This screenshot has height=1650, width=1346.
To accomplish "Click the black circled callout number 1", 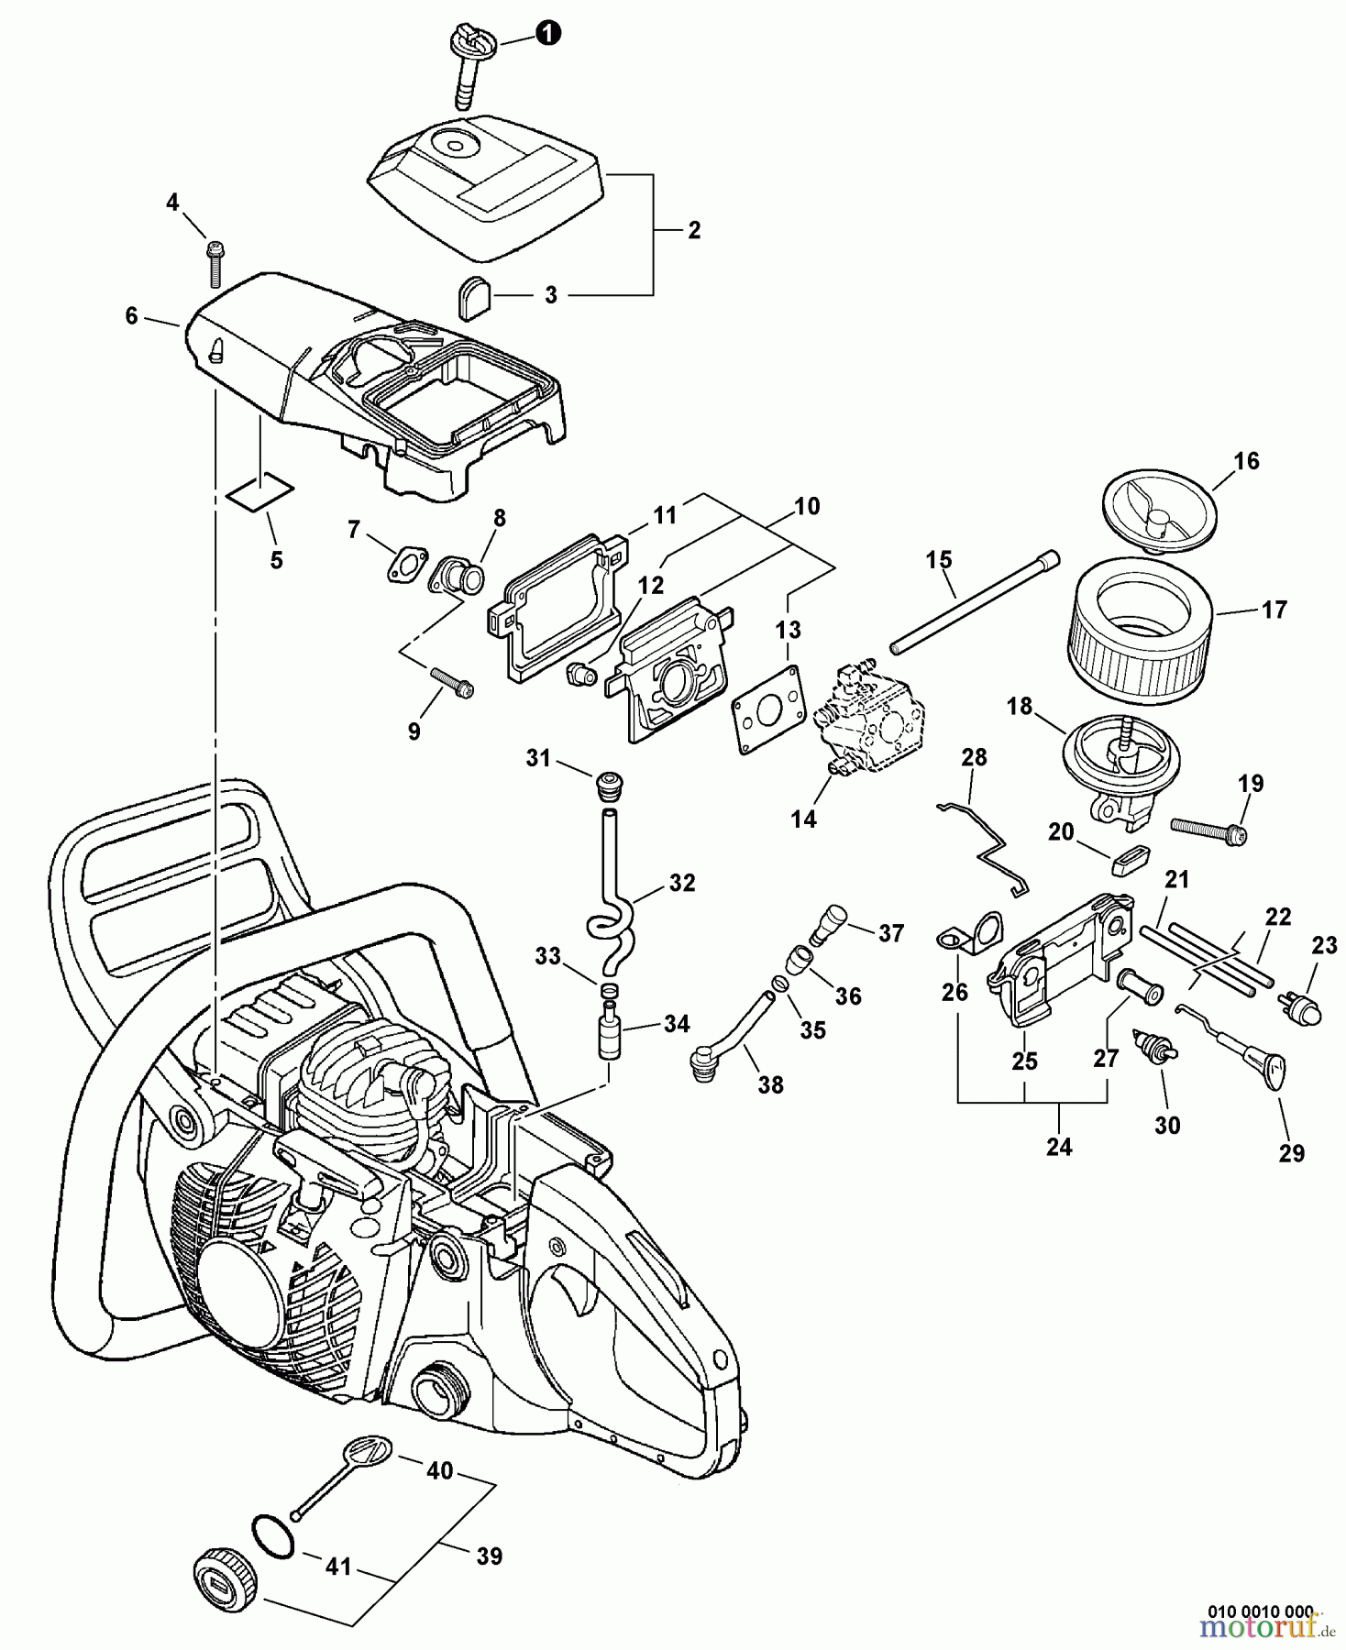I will point(547,35).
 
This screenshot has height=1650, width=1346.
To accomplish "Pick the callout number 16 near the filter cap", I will point(1245,461).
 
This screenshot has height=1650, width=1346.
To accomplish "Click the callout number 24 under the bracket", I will point(1058,1146).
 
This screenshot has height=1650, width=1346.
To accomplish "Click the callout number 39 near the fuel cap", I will point(489,1556).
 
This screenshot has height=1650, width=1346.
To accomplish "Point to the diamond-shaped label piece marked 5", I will point(259,492).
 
